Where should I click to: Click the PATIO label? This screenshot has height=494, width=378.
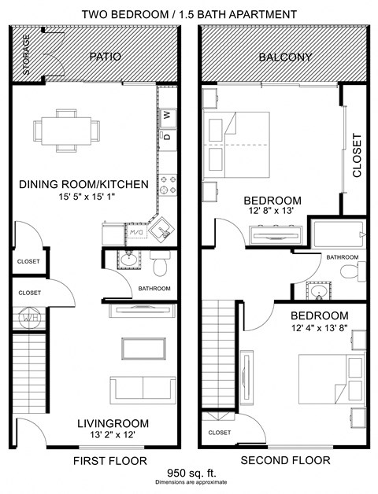coord(103,57)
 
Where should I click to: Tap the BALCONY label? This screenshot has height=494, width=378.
coord(285,57)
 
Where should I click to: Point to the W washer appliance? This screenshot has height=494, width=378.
coord(167,117)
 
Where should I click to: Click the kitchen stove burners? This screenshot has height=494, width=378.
coord(167,185)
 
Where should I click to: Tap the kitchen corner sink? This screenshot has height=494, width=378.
coord(162,230)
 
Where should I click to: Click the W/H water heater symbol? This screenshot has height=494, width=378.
coord(29,319)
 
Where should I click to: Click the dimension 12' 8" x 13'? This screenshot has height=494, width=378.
coord(272,212)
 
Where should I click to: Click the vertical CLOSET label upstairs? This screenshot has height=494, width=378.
coord(357,155)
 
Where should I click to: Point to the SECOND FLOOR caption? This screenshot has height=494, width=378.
coord(285,460)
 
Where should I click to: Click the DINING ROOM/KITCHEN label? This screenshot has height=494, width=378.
coord(83,185)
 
